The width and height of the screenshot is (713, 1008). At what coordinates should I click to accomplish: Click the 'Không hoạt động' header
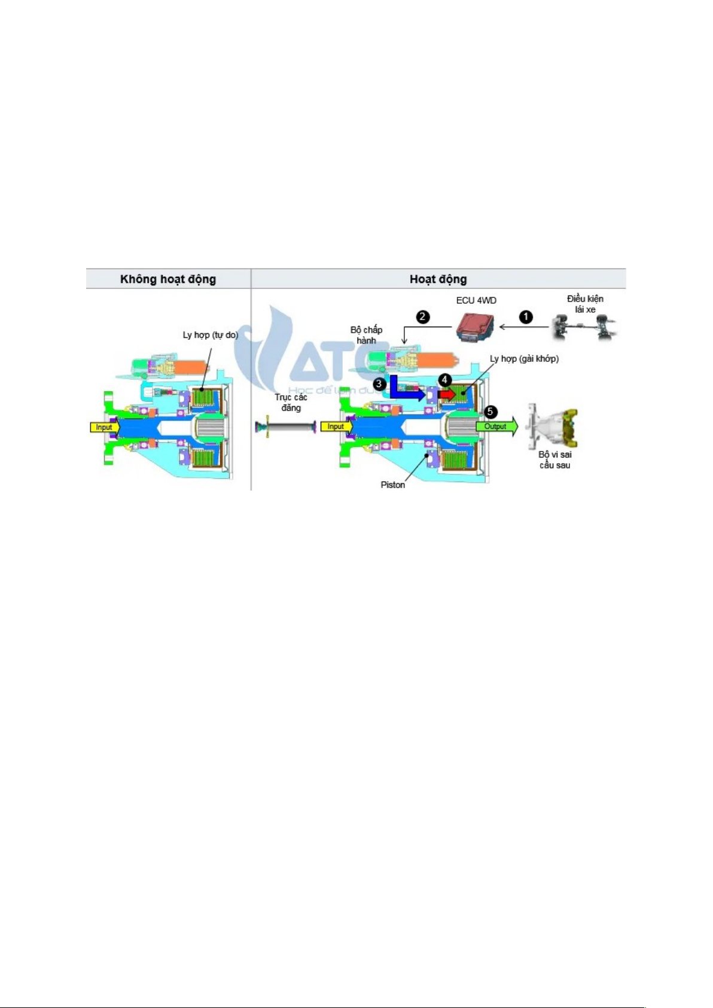pos(168,279)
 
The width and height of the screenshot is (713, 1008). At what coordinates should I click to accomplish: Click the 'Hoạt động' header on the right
pos(438,279)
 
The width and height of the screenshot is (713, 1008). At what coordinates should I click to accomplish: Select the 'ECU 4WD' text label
pos(476,300)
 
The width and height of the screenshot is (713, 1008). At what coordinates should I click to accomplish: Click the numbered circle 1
pos(526,317)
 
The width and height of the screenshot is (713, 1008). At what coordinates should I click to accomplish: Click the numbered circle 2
pos(423,317)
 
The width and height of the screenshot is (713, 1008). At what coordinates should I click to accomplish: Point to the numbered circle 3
pos(379,383)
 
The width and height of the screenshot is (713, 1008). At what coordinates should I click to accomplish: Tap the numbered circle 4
pos(444,380)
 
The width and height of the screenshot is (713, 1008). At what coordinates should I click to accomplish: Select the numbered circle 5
pos(490,412)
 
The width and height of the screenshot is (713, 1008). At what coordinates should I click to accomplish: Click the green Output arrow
pos(496,427)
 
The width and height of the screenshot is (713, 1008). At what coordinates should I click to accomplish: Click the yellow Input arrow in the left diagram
pos(105,427)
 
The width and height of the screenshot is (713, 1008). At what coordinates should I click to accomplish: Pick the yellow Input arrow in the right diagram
pos(336,427)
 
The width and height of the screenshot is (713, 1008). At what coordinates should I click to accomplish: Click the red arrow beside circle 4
pos(446,395)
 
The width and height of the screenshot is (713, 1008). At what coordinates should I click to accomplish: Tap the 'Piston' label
pos(393,485)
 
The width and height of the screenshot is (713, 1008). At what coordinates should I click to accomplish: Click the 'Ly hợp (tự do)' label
pos(210,335)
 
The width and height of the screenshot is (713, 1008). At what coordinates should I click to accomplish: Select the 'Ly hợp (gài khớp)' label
pos(524,359)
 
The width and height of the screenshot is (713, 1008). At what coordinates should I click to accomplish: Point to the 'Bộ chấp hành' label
pos(366,335)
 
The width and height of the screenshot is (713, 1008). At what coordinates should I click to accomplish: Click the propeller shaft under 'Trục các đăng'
pos(285,427)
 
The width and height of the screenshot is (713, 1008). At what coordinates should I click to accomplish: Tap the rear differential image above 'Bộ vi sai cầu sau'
pos(551,426)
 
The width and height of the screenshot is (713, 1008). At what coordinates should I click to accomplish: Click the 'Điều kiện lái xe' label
pos(585,304)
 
